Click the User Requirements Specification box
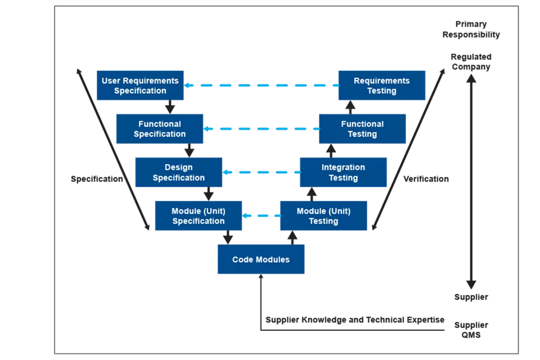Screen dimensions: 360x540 pos(140,85)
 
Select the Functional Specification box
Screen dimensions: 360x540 pos(160,129)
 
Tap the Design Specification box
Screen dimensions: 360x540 pos(179,172)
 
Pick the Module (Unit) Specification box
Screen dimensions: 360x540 pos(199,216)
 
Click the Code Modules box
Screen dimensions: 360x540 pos(261,259)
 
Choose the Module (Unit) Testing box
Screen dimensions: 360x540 pos(323,216)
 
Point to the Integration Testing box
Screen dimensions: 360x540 pos(343,172)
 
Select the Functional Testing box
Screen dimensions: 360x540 pos(362,129)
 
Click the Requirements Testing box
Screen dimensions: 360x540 pos(382,85)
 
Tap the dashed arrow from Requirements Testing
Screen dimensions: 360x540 pos(262,85)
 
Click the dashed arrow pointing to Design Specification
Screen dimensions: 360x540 pos(261,172)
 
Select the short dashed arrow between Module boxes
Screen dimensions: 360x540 pos(261,215)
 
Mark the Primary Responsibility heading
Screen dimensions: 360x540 pos(471,29)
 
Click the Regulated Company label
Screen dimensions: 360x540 pos(471,62)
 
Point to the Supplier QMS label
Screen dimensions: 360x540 pos(471,330)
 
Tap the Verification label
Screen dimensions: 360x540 pos(426,179)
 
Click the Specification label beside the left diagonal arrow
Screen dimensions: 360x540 pos(97,179)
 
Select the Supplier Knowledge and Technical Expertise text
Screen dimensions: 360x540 pos(355,319)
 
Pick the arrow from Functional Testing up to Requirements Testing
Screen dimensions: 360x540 pos(350,107)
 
